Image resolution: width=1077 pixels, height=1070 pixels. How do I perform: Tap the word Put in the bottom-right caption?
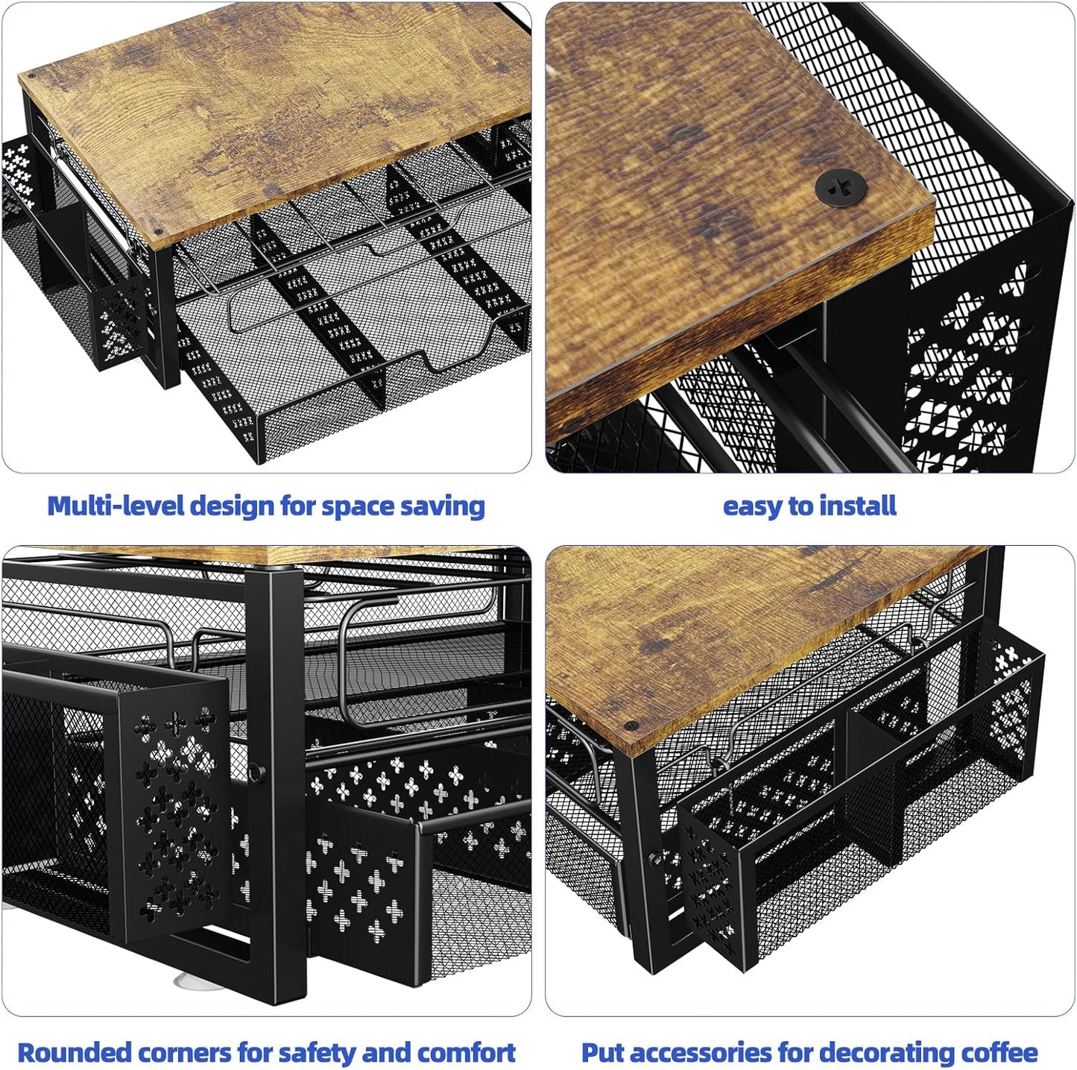601,1053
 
